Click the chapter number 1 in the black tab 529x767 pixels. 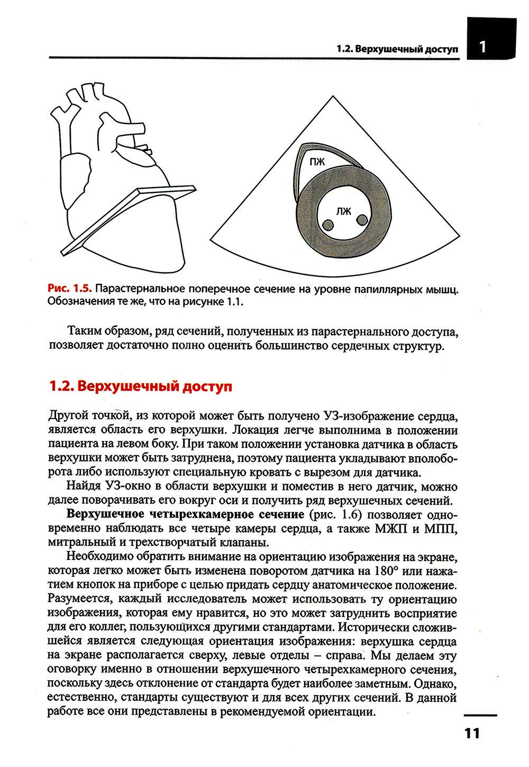(482, 47)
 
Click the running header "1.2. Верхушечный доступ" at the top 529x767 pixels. (397, 49)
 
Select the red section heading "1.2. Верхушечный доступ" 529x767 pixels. (140, 386)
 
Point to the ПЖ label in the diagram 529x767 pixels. (317, 162)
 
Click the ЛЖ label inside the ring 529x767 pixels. (343, 211)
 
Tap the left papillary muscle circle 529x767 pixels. (327, 226)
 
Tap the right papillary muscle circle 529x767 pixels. (362, 219)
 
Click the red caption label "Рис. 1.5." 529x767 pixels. (70, 289)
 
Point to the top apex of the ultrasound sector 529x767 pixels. (333, 97)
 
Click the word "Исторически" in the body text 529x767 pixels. (375, 627)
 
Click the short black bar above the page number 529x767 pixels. (480, 715)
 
